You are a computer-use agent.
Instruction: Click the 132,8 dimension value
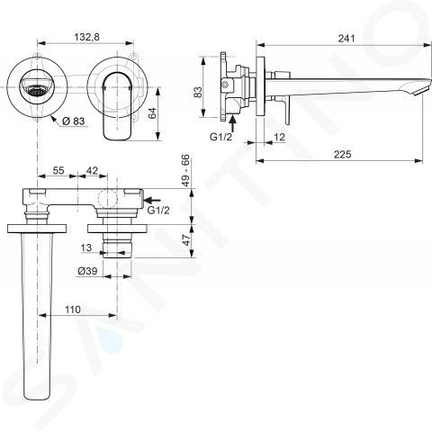86,37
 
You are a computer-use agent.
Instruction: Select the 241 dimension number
346,39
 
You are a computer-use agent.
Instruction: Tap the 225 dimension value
342,154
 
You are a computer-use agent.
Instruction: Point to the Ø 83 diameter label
74,121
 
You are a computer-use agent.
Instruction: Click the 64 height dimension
153,113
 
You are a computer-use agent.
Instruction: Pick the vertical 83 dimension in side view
198,92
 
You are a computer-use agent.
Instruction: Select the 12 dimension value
279,137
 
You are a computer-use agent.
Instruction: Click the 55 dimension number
58,170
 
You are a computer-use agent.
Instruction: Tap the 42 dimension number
92,170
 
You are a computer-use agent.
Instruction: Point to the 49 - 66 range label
185,170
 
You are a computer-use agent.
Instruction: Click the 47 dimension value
186,240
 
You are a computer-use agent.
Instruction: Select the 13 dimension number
86,247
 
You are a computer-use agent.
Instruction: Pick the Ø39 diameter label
87,271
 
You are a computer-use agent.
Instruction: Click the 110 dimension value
73,310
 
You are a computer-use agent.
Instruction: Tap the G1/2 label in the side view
220,137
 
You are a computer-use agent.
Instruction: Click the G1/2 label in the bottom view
158,211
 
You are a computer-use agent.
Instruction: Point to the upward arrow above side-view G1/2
233,123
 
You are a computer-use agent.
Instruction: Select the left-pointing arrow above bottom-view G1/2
153,200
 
